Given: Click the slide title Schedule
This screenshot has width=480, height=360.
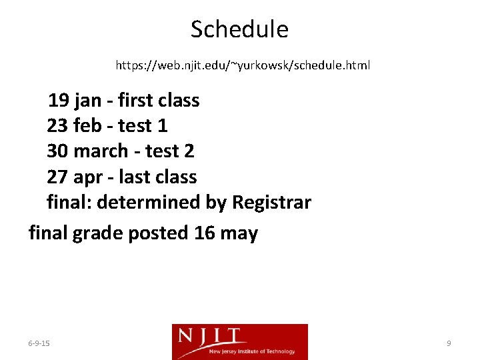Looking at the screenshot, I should tap(239, 29).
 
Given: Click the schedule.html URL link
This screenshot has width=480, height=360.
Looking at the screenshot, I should tap(243, 66).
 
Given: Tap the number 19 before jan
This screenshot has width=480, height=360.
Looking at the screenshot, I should tap(58, 101).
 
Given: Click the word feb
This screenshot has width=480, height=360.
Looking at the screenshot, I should tap(87, 126).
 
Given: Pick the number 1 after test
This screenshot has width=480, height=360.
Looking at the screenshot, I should tap(162, 126).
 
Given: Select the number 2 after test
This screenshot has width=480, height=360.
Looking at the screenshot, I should tap(189, 151).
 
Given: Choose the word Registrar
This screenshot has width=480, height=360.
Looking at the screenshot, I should tap(271, 202).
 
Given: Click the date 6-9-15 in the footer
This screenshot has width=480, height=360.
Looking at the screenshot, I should tap(39, 343).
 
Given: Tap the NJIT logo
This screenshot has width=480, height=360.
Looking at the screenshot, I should tap(239, 341).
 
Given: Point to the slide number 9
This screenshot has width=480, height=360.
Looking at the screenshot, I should tap(449, 343).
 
